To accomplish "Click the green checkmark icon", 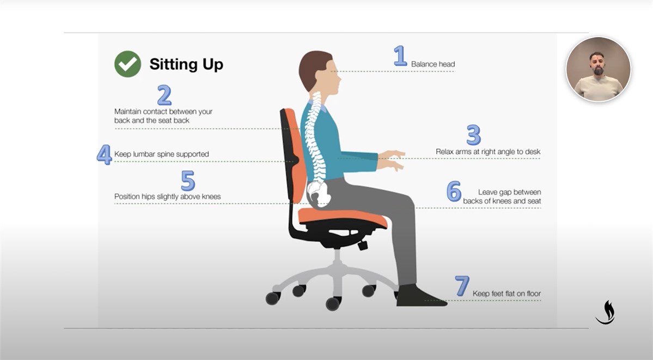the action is point(127,64).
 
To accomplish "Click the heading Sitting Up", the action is point(186,64).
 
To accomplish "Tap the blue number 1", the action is point(400,56).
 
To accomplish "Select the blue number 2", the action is point(164,95).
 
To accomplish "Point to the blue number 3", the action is point(474,135).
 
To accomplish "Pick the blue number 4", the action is point(104,154).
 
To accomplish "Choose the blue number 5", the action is point(188,180).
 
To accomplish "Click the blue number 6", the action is point(454,191).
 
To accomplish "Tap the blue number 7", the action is point(462,286).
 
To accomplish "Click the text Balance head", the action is point(432,64).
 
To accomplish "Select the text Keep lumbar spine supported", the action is point(162,154).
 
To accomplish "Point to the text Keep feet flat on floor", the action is point(506,294).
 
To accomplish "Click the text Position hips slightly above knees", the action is point(167,197).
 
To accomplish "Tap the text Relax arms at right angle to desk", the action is point(488,151).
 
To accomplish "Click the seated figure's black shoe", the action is point(420,296).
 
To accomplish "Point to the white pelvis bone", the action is point(319,194).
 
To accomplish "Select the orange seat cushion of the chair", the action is point(343,217).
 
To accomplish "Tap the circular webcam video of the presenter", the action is point(599,69).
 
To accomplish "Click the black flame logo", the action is point(606,313).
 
